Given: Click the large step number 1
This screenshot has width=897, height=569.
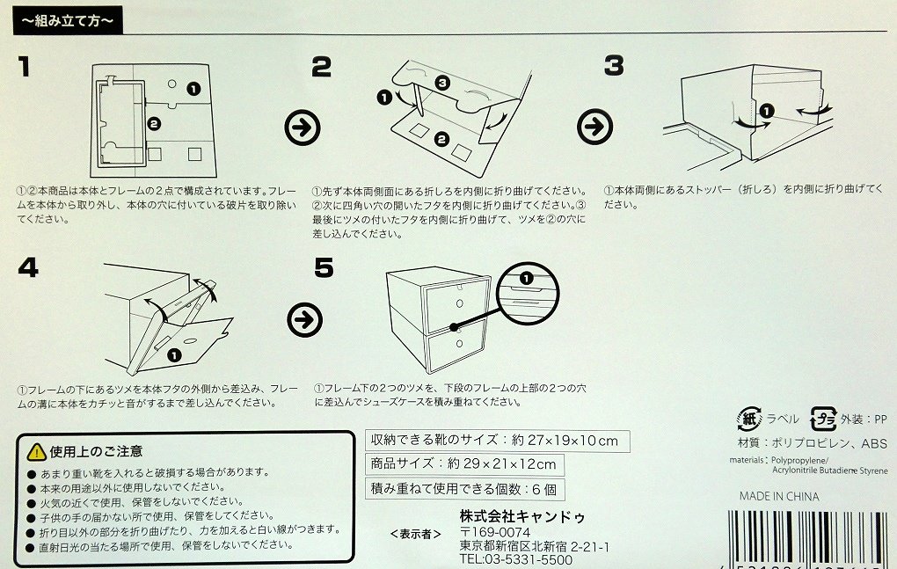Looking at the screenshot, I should click(26, 67).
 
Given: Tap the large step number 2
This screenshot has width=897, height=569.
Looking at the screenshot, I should click(321, 67).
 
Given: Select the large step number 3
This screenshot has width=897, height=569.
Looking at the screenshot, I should click(613, 66).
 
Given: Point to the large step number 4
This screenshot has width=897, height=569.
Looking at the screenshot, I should click(28, 267).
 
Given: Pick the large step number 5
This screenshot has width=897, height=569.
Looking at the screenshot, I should click(324, 267).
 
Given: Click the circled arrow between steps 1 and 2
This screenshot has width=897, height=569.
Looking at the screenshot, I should click(303, 128).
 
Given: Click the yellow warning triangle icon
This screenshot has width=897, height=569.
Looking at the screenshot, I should click(36, 452).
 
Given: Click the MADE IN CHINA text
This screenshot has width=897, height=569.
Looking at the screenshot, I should click(778, 497).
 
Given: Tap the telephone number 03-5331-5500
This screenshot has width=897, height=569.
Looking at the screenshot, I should click(515, 559).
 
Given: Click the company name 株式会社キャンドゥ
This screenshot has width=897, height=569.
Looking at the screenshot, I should click(522, 515).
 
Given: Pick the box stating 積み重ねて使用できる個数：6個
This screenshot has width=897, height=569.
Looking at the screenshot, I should click(463, 489).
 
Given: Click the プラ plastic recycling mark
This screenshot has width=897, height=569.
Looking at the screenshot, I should click(822, 419).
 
